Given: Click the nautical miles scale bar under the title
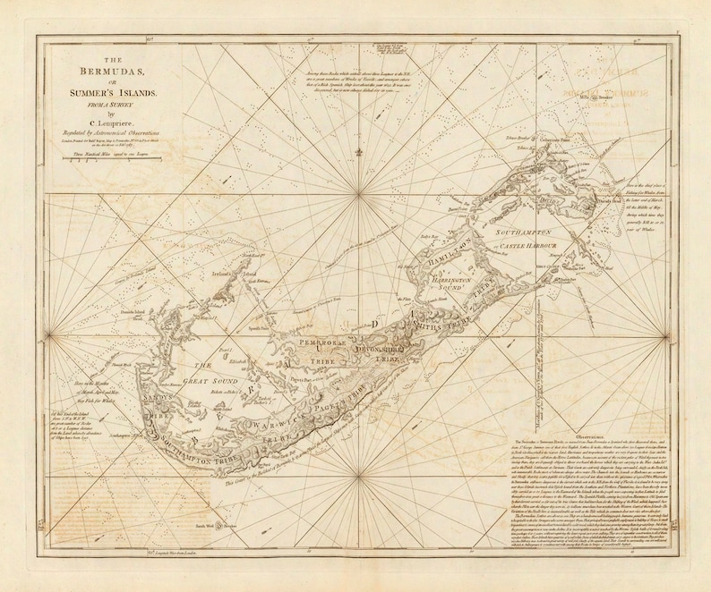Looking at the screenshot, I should click(x=117, y=155).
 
